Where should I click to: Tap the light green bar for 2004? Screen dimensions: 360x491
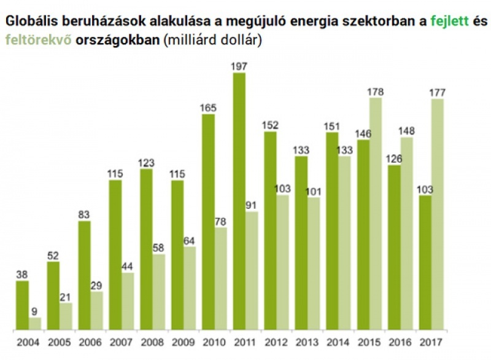35,323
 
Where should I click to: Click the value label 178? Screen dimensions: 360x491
376,92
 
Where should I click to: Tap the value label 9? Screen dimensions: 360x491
35,311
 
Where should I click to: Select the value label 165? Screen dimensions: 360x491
208,108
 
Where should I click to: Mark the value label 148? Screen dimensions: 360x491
407,131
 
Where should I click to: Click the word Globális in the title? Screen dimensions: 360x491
30,21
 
